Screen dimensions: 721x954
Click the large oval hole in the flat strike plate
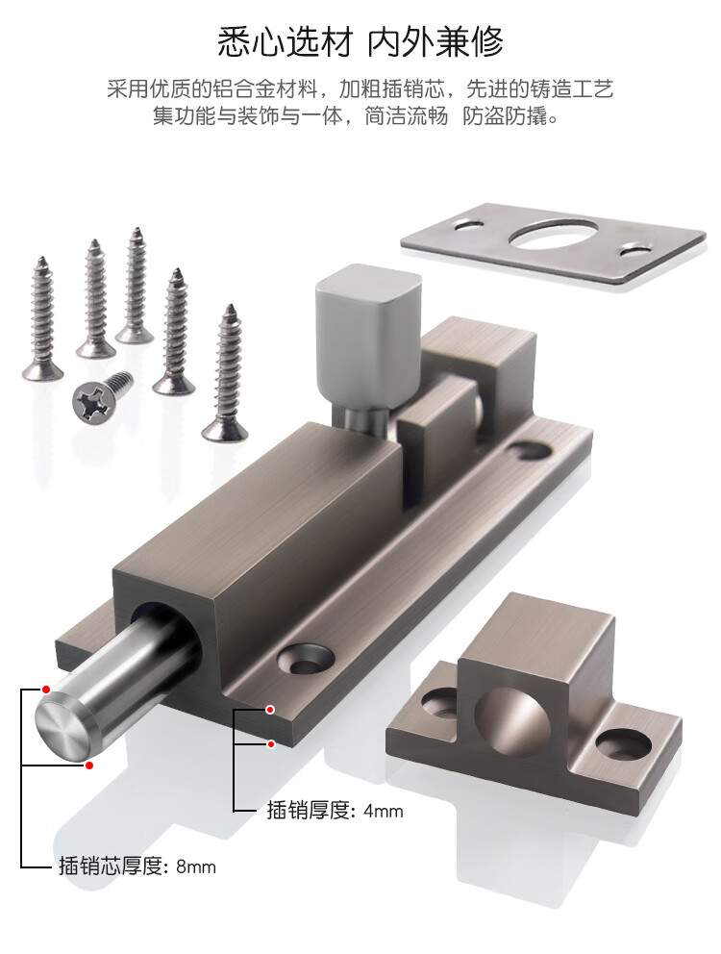point(553,235)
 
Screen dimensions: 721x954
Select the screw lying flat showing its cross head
point(102,397)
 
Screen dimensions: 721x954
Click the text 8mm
point(196,866)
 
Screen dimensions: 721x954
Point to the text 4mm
point(384,811)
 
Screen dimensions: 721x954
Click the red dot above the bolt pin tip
point(46,690)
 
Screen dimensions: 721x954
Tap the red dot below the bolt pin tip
point(89,765)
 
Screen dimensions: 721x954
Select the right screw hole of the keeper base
point(623,744)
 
